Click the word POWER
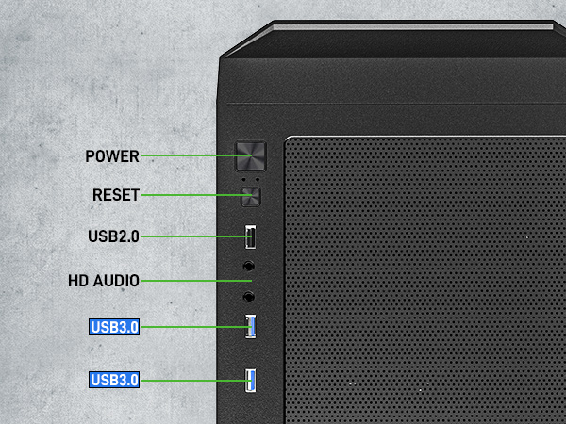[x=112, y=156]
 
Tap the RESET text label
[x=116, y=195]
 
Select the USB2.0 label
[x=113, y=236]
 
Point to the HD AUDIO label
[x=104, y=281]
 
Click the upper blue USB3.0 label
[x=114, y=327]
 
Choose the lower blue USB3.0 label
[x=114, y=380]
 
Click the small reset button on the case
[x=251, y=197]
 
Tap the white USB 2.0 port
[x=251, y=236]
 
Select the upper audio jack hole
[x=248, y=266]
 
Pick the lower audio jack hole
[x=248, y=297]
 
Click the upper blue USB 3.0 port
[x=251, y=327]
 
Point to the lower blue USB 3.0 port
[x=251, y=380]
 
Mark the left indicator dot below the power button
[x=244, y=179]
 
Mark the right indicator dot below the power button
[x=257, y=179]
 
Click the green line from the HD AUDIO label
[x=197, y=281]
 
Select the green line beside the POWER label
[x=197, y=155]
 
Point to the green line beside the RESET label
[x=197, y=195]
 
